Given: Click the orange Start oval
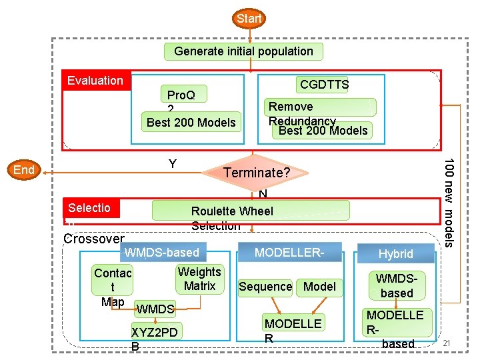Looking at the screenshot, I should pos(249,19).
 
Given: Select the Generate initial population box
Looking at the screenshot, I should pos(243,51).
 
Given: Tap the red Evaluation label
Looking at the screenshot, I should pos(95,81).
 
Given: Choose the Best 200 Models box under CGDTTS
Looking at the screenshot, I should pos(323,130).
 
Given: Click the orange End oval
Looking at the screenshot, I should pos(24,170).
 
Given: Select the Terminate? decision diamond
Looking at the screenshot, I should pos(256,173).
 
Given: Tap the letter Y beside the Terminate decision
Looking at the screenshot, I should pos(173,164).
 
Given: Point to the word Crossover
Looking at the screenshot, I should pos(94,239).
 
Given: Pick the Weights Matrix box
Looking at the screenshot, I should pos(199,279).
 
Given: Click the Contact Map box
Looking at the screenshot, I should pos(113,287).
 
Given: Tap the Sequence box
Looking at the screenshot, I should pos(265,287).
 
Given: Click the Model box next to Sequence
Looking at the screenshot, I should pos(319,287).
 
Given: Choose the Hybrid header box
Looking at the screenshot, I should pos(396,253).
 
